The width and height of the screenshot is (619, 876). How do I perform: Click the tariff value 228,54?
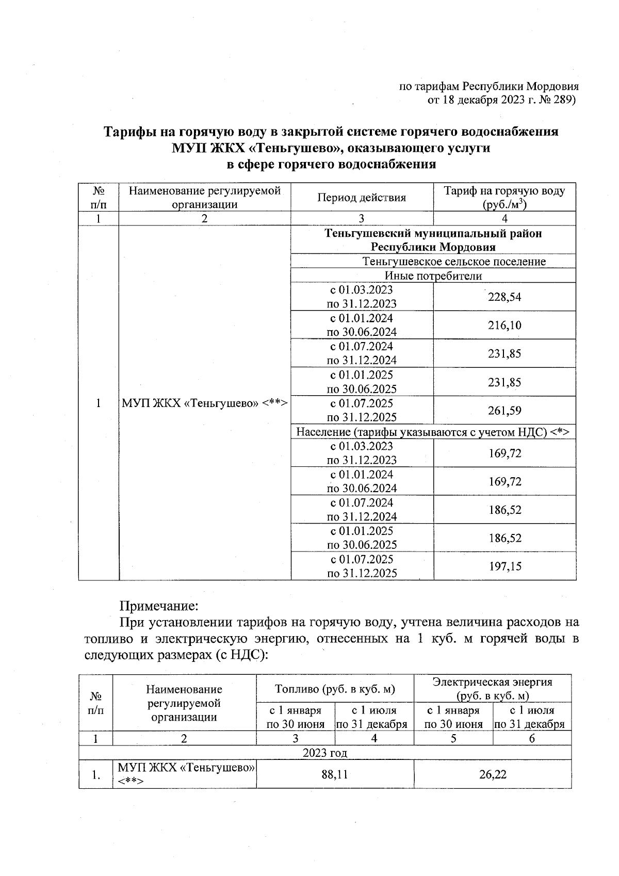coord(504,297)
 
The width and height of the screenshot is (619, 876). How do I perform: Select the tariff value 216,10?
coord(504,325)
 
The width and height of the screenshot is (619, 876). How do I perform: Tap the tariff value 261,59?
coord(504,411)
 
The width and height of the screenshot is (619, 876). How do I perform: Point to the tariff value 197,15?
coord(505,566)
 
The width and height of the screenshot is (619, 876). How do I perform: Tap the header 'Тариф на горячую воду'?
coord(504,191)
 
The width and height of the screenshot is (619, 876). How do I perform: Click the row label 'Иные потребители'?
coord(433,275)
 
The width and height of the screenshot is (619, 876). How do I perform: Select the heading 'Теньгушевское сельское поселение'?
coord(453,261)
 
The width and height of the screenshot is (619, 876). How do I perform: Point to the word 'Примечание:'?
coord(159,604)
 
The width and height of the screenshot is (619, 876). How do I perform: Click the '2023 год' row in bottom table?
coord(324,753)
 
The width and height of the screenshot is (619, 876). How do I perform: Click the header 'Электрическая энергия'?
coord(492,682)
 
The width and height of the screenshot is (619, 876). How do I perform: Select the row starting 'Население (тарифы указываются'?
coord(432,432)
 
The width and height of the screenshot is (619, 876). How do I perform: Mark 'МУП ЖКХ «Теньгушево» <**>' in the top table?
coord(204,403)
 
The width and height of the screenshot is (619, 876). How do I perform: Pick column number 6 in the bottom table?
coord(532,738)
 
